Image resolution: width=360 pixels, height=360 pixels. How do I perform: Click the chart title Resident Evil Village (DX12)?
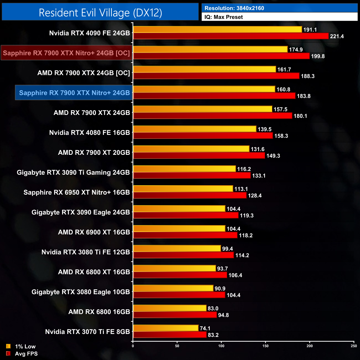(100, 12)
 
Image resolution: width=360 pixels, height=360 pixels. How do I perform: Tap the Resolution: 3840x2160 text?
(234, 8)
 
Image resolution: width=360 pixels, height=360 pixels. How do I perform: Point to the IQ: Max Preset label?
(223, 17)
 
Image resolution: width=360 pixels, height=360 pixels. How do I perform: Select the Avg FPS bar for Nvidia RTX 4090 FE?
(231, 36)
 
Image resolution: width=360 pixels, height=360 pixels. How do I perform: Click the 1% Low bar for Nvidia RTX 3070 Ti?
(166, 328)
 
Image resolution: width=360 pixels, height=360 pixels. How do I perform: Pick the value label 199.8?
(318, 56)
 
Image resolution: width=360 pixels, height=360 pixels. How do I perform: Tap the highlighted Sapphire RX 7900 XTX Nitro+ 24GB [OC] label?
(66, 53)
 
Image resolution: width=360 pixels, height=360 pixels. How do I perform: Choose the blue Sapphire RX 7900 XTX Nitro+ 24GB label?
(74, 93)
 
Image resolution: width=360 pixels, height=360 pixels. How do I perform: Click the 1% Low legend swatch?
(8, 346)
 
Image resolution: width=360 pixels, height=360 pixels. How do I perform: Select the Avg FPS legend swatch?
(8, 353)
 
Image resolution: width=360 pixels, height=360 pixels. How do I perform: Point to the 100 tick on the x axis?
(221, 346)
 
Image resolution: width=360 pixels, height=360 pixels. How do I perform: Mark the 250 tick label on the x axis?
(354, 346)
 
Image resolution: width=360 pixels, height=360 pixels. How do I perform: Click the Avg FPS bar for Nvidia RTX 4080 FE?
(203, 136)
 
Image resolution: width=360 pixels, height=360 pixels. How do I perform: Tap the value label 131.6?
(258, 149)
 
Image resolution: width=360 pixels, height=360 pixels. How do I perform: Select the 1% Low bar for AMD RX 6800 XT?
(174, 268)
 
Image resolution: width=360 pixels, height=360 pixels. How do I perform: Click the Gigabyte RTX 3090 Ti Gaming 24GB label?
(73, 173)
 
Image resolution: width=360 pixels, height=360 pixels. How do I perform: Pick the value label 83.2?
(213, 335)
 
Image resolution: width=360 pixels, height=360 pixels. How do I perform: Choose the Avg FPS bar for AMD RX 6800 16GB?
(175, 315)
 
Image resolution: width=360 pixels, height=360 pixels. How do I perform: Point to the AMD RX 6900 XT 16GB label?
(94, 232)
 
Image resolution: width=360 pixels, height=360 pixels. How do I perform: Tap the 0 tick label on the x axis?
(133, 346)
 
